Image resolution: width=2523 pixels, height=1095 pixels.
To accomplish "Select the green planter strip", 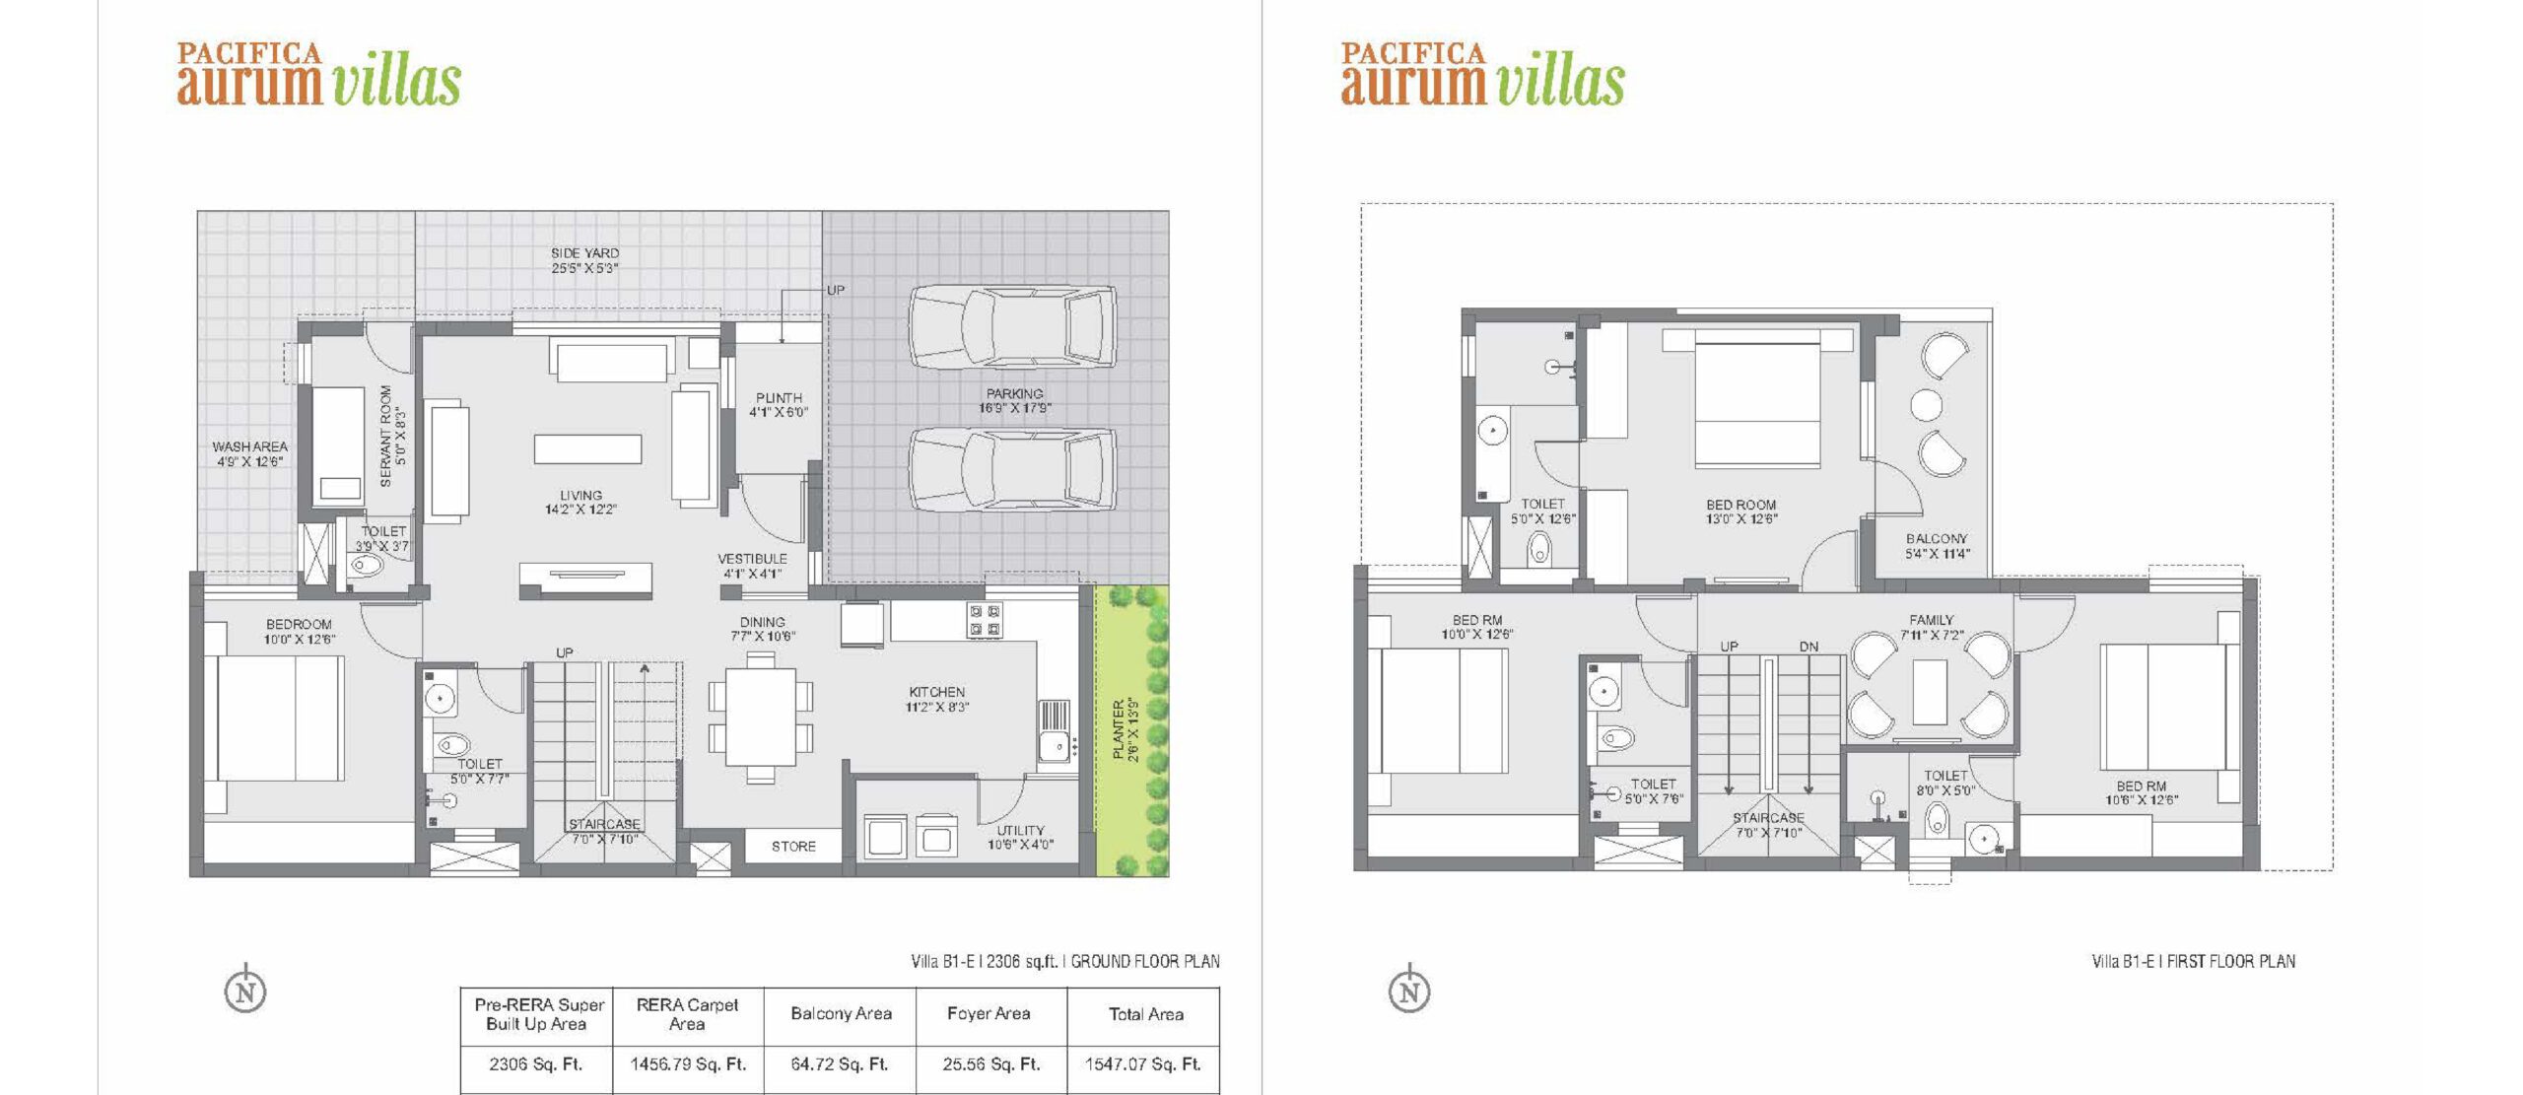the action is (1131, 729).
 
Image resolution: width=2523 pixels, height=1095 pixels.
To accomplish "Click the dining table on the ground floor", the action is (761, 717).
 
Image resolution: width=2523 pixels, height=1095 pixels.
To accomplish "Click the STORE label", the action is (793, 847).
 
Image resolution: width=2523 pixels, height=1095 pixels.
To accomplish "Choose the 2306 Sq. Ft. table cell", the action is (536, 1064).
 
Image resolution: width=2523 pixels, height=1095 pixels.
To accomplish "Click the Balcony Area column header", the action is (841, 1013).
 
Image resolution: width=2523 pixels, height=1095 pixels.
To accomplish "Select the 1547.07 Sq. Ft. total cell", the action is (1143, 1064).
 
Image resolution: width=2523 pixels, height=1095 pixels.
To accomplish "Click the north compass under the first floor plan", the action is (1409, 990).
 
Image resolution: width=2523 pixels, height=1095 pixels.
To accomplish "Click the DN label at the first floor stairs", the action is (1808, 647).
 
